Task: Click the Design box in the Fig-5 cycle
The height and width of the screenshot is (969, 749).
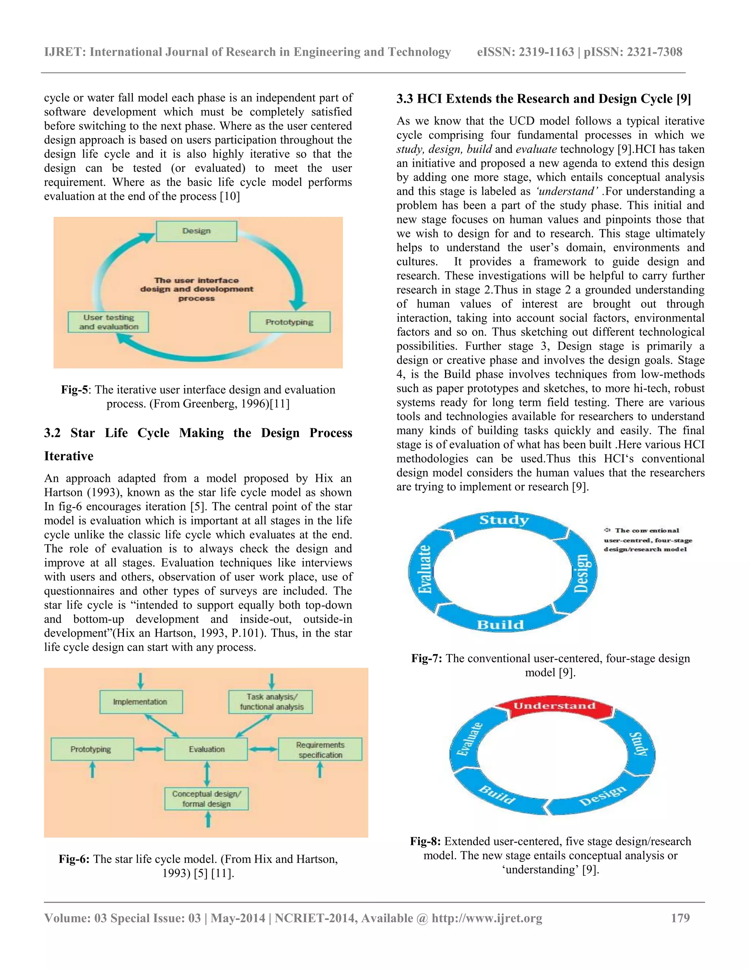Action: [196, 231]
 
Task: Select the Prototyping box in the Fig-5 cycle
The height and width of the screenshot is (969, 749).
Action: [290, 322]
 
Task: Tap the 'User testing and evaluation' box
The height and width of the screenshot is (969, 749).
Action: [108, 322]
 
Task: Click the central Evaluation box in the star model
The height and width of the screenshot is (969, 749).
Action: [206, 749]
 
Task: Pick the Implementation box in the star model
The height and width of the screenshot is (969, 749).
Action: [141, 702]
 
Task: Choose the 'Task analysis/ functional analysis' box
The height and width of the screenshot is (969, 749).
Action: [271, 702]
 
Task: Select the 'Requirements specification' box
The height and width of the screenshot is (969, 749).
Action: [320, 749]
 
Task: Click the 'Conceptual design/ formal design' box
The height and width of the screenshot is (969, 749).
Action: [206, 799]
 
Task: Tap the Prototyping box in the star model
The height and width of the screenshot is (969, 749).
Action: [92, 749]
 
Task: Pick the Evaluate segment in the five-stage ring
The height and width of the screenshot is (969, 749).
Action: [470, 740]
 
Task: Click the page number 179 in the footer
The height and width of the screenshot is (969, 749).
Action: [680, 918]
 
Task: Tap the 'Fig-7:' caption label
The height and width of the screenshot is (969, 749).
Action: [426, 659]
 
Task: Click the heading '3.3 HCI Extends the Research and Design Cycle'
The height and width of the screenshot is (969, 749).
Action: [543, 98]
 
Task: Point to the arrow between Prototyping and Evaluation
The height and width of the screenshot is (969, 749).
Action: [149, 749]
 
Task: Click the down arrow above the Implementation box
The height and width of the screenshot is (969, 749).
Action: [141, 680]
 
